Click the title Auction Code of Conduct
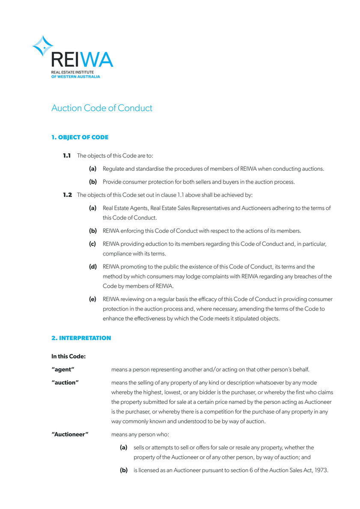(101, 108)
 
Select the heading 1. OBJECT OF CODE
(80, 137)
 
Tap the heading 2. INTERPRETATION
(81, 338)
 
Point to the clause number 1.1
(67, 155)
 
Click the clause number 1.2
(68, 195)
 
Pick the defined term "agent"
(63, 369)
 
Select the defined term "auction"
(65, 382)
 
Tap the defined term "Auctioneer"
(70, 435)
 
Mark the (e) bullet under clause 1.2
(92, 299)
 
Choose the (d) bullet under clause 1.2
(92, 267)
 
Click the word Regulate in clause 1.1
(114, 169)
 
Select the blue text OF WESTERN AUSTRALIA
(75, 77)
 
